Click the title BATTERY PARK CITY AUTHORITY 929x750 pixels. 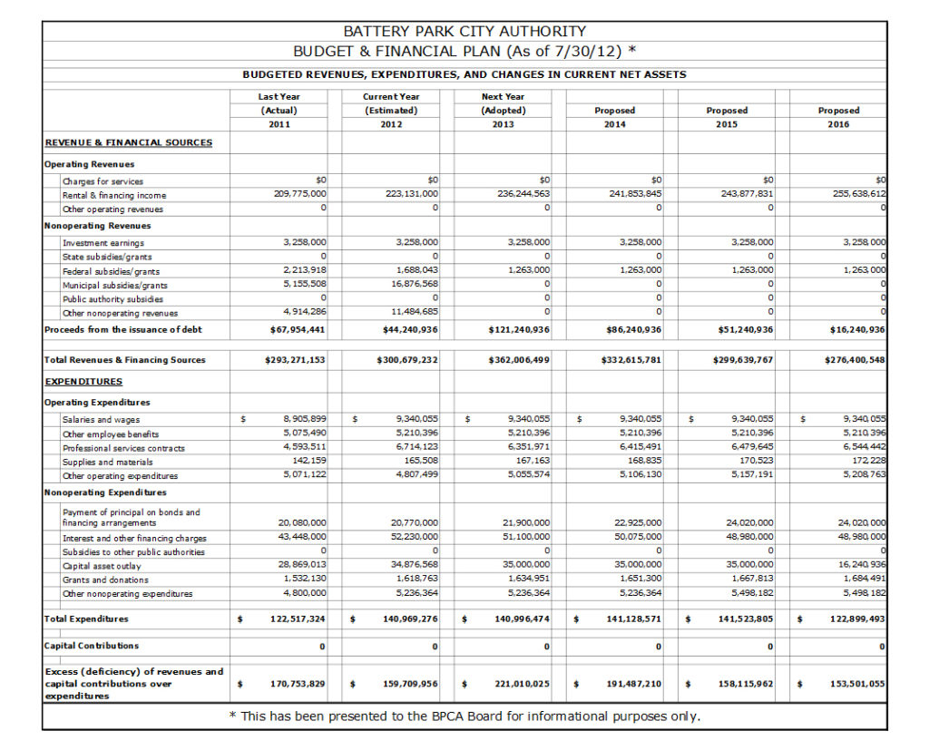(x=464, y=32)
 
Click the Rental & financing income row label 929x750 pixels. (x=114, y=195)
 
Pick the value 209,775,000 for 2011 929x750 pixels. (x=300, y=194)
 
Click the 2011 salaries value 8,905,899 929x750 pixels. (x=305, y=419)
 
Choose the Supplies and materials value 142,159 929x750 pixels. (x=310, y=461)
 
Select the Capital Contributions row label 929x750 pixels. (x=92, y=646)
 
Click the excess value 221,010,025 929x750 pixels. (x=514, y=684)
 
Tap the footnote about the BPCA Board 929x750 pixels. (x=464, y=716)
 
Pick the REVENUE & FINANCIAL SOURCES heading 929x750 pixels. (x=128, y=142)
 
